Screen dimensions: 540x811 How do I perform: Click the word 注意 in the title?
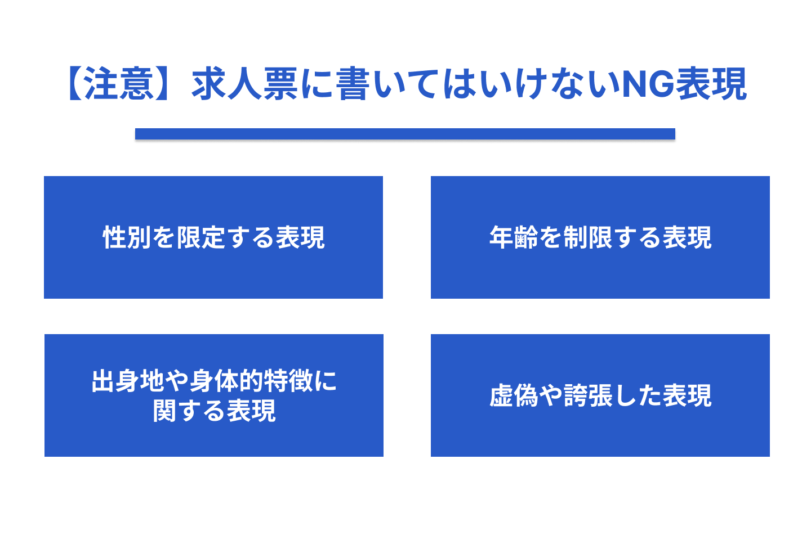pos(119,84)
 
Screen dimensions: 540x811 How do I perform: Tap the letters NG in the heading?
pos(647,84)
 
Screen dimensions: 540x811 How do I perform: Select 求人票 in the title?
pos(245,84)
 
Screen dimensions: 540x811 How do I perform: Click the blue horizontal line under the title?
pos(405,134)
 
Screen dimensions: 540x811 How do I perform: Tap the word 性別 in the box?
pos(127,237)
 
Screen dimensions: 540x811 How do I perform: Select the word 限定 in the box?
pos(201,237)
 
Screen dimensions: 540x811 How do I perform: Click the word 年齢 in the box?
pos(514,237)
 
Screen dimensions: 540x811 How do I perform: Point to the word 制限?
pos(587,237)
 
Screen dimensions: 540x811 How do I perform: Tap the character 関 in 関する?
pos(165,411)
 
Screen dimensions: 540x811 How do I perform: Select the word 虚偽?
pos(514,396)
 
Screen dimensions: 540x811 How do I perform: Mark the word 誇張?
pos(587,396)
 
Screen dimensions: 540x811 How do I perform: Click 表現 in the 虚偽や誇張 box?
pos(687,396)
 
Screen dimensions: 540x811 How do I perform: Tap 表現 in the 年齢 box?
pos(687,237)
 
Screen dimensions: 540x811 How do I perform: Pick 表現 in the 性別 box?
pos(300,237)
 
